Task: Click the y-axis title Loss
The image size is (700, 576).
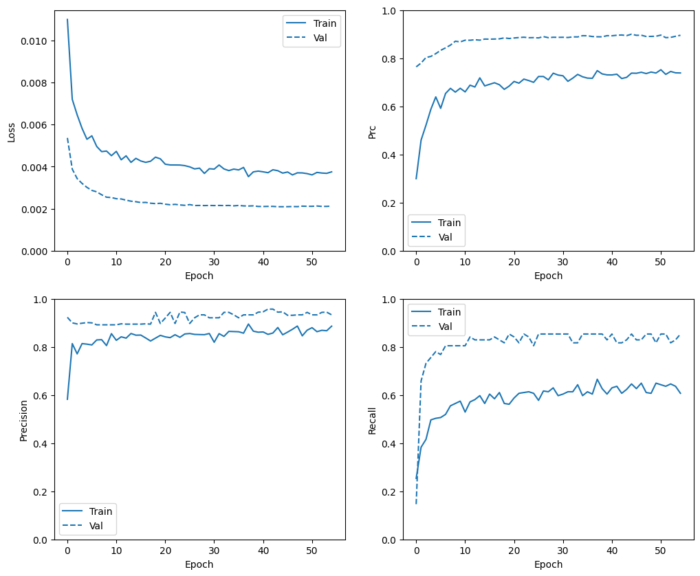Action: pyautogui.click(x=11, y=131)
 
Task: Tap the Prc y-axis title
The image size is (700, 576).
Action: pyautogui.click(x=372, y=131)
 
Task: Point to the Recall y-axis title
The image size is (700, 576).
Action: pyautogui.click(x=372, y=420)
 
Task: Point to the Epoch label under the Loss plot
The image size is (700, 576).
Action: pyautogui.click(x=199, y=276)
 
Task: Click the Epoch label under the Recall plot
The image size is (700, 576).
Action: pyautogui.click(x=548, y=564)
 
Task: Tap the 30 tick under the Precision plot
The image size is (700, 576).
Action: pyautogui.click(x=214, y=551)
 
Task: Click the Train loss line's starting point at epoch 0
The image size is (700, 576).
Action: pyautogui.click(x=67, y=19)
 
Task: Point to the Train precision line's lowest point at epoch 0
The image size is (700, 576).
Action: pyautogui.click(x=67, y=399)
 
